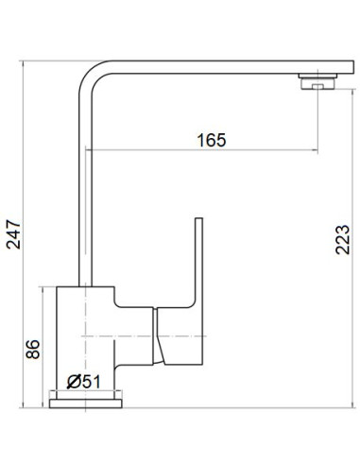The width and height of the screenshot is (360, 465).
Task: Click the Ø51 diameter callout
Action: coord(83,381)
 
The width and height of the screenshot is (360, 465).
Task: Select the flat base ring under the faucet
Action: coord(84,399)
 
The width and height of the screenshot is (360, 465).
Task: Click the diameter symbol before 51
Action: coord(73,381)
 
